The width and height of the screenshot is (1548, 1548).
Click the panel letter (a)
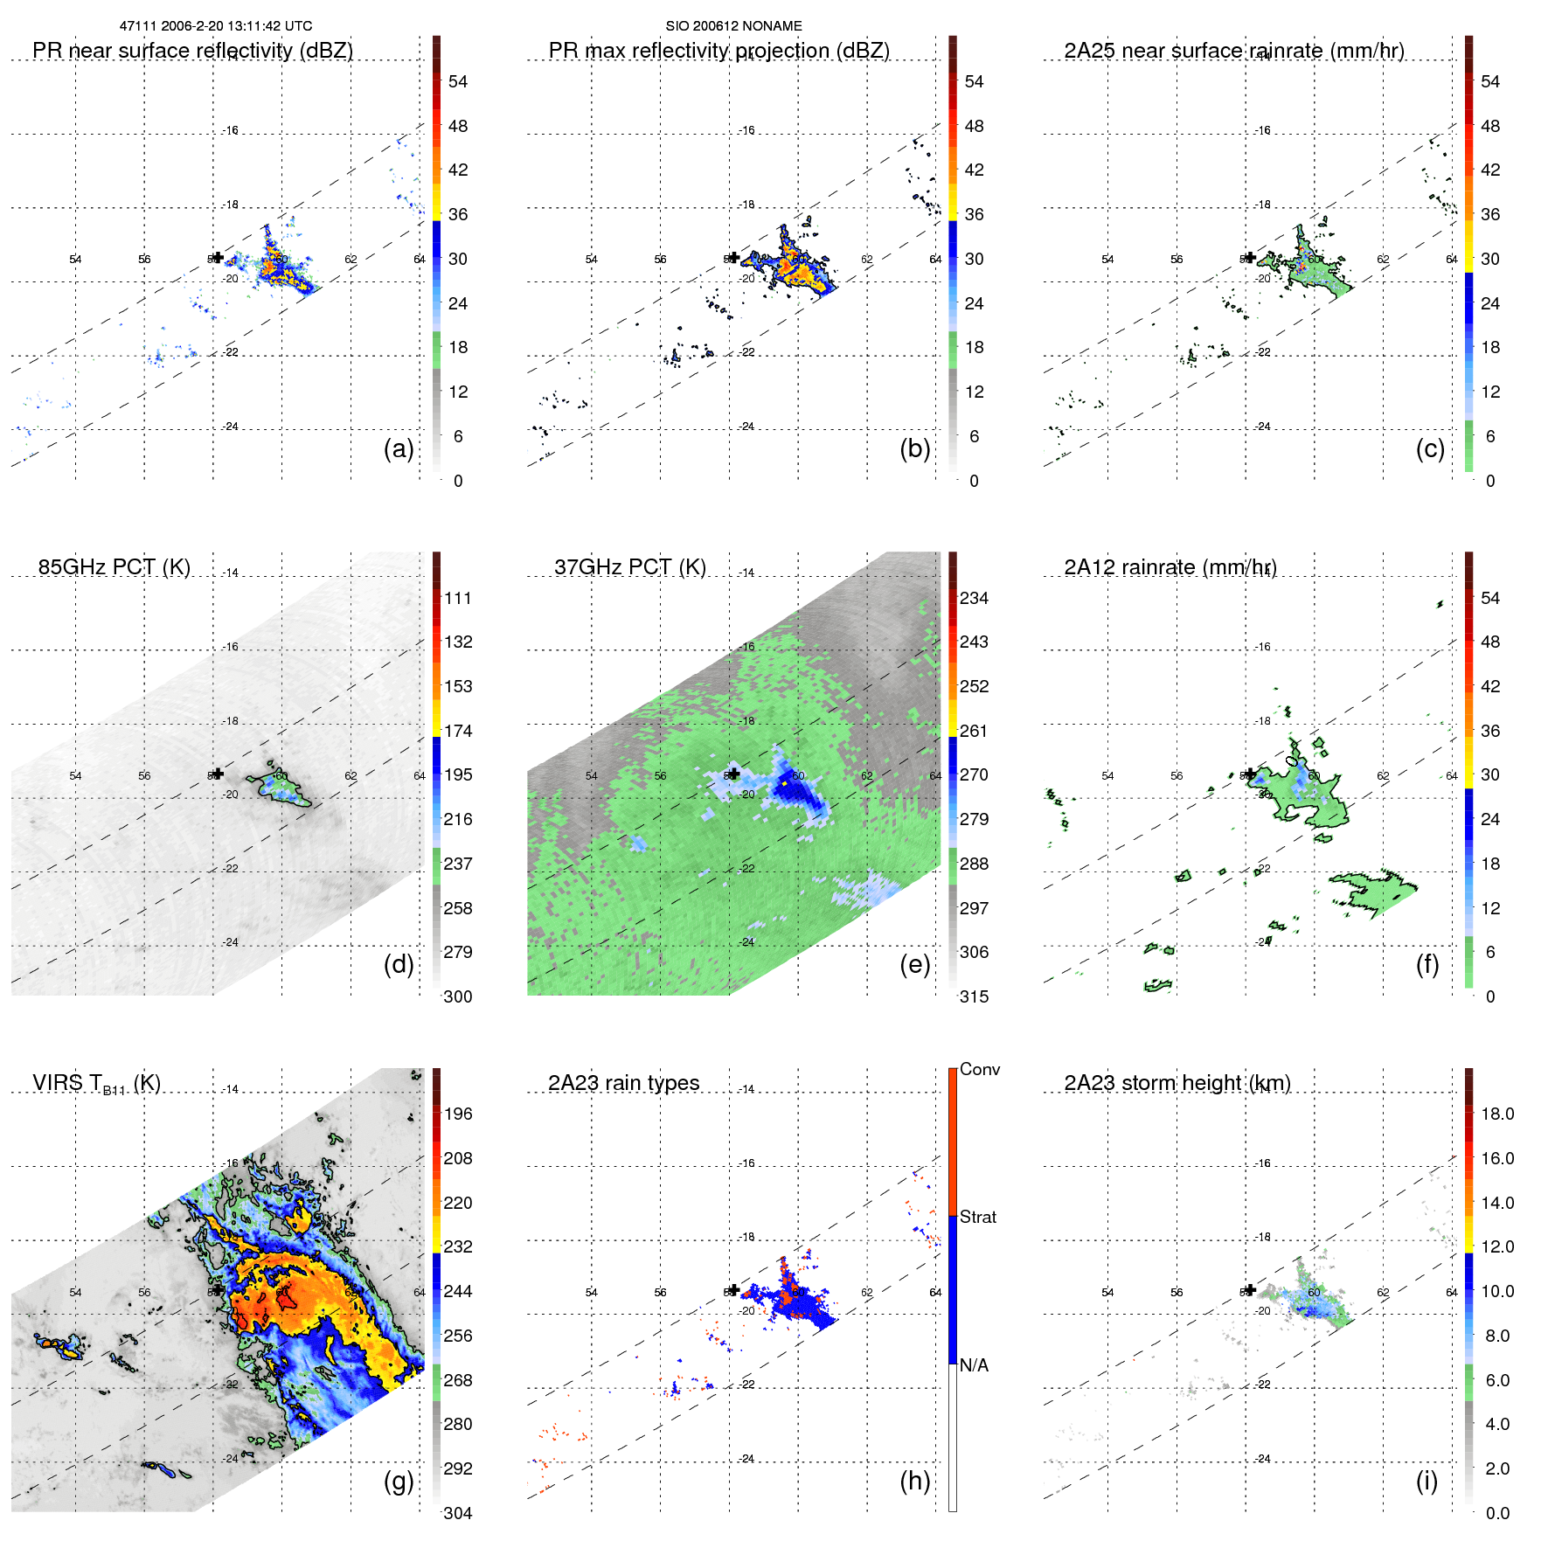coord(399,448)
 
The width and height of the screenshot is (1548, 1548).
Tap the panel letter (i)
coord(1427,1481)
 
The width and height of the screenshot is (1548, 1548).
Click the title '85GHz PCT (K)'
coord(115,566)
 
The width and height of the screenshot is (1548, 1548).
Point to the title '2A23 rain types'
coord(623,1083)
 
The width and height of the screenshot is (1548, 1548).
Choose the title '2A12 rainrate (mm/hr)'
coord(1170,567)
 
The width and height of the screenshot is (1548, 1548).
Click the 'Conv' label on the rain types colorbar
coord(980,1069)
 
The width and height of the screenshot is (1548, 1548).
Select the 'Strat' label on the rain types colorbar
coord(978,1217)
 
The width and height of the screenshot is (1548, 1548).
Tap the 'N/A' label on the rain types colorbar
coord(974,1365)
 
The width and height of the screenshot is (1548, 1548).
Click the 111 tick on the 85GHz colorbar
coord(458,598)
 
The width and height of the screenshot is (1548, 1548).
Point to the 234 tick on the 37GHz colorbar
coord(974,598)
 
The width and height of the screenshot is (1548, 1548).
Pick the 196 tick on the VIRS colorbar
coord(458,1114)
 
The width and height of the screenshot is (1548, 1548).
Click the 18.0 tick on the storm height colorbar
coord(1497,1114)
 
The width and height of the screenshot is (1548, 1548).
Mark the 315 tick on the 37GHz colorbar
coord(974,996)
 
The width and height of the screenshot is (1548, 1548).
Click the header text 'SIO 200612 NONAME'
coord(733,26)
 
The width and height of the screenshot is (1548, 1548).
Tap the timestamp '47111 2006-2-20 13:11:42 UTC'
coord(216,26)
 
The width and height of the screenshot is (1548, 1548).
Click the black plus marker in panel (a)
coord(218,257)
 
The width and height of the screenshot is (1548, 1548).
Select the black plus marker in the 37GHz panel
coord(733,774)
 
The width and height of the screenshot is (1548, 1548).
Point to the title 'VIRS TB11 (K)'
coord(96,1084)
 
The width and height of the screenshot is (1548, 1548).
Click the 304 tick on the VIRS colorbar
coord(458,1513)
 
